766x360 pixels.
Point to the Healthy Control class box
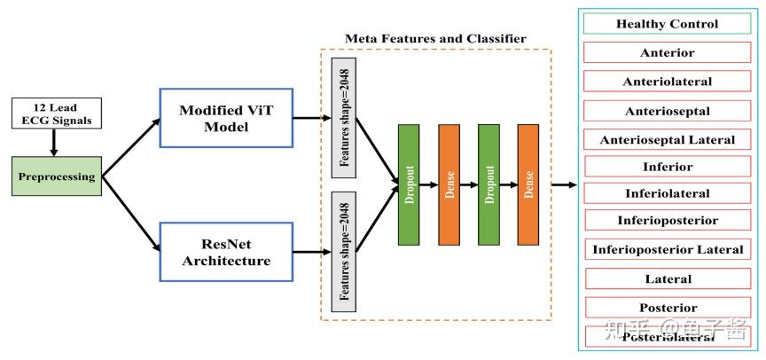point(667,24)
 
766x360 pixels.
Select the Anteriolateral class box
point(667,82)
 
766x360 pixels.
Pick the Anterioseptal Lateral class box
point(667,139)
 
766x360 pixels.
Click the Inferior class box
point(667,167)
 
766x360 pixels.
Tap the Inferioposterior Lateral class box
point(667,250)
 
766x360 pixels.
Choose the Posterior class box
point(667,308)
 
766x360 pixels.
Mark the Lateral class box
point(667,279)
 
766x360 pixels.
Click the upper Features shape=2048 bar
point(343,117)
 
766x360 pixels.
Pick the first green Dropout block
point(409,184)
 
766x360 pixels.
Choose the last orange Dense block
point(528,184)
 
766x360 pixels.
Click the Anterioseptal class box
point(667,111)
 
